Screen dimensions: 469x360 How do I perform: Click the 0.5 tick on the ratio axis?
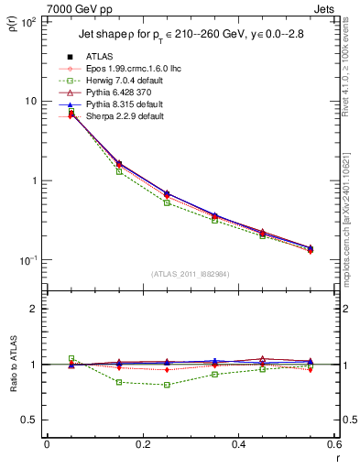(32, 420)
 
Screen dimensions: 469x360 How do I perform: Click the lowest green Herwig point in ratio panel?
(167, 385)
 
